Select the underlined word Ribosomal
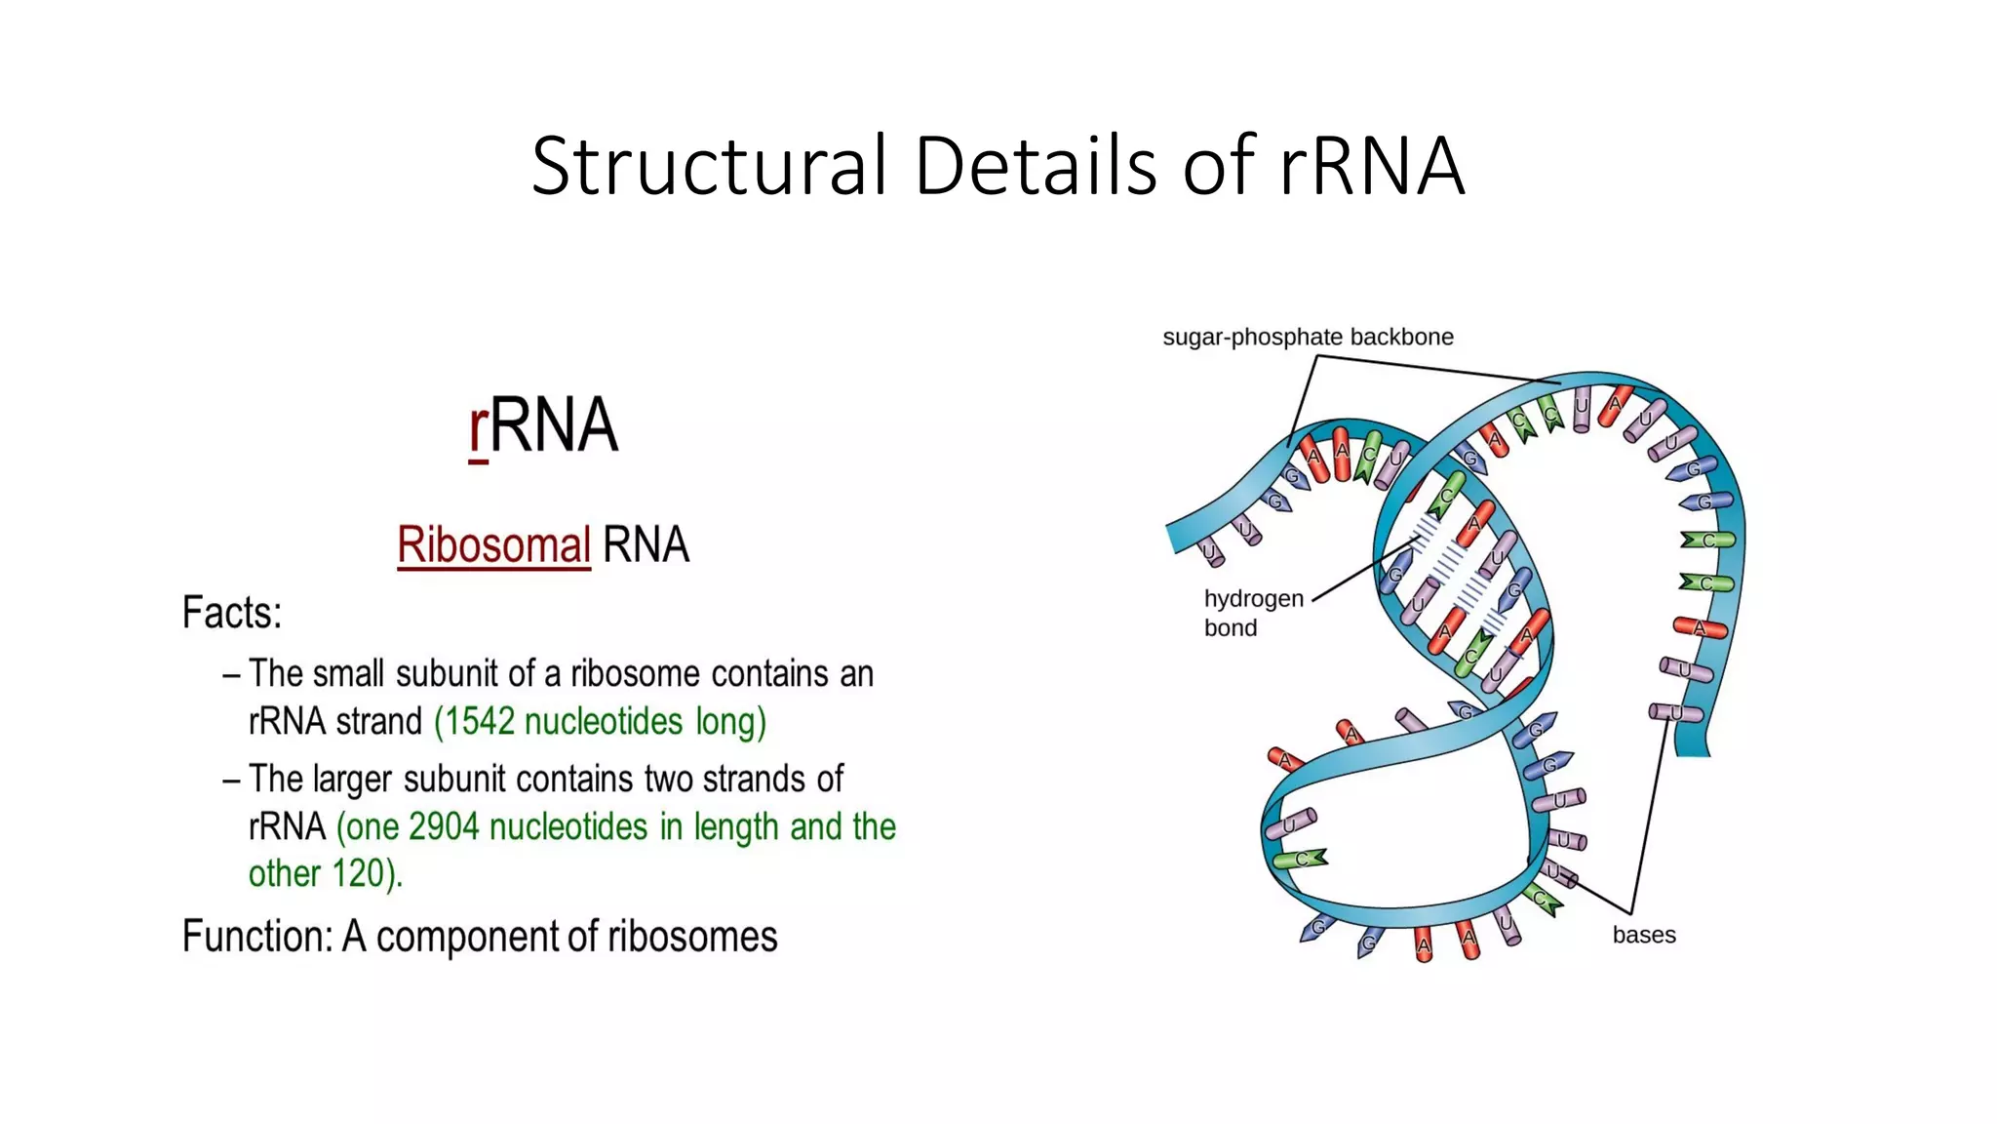pos(493,544)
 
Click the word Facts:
pos(232,614)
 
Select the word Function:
pos(257,937)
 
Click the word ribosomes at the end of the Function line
pos(692,937)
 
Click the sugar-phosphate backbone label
pos(1308,338)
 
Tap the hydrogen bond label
pos(1252,613)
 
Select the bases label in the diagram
pos(1644,935)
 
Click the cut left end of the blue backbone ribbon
pos(1173,538)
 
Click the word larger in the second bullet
pos(350,780)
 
